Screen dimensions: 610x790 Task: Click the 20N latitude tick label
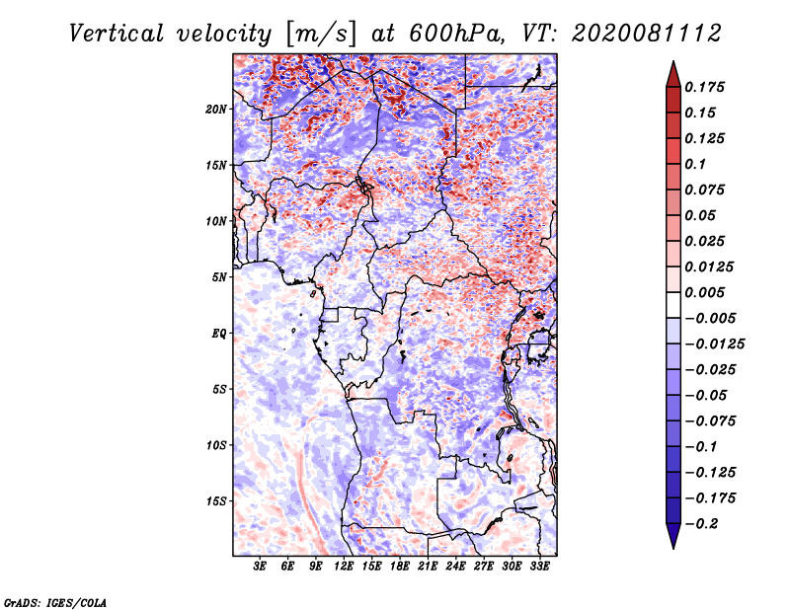pos(217,109)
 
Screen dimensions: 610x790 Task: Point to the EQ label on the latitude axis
pos(219,333)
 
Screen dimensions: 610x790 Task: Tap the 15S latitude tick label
pos(217,500)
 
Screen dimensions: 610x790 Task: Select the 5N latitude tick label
pos(219,276)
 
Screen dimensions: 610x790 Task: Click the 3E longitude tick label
pos(261,567)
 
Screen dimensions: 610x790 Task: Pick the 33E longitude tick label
pos(539,567)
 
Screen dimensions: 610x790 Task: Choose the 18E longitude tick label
pos(400,567)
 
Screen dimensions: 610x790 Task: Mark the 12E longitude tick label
pos(345,567)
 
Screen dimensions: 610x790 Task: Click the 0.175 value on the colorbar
pos(708,87)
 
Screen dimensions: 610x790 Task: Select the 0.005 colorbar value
pos(708,292)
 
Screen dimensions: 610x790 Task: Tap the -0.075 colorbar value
pos(711,420)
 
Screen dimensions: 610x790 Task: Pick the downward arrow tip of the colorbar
pos(672,546)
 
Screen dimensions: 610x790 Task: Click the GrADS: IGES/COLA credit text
pos(55,600)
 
